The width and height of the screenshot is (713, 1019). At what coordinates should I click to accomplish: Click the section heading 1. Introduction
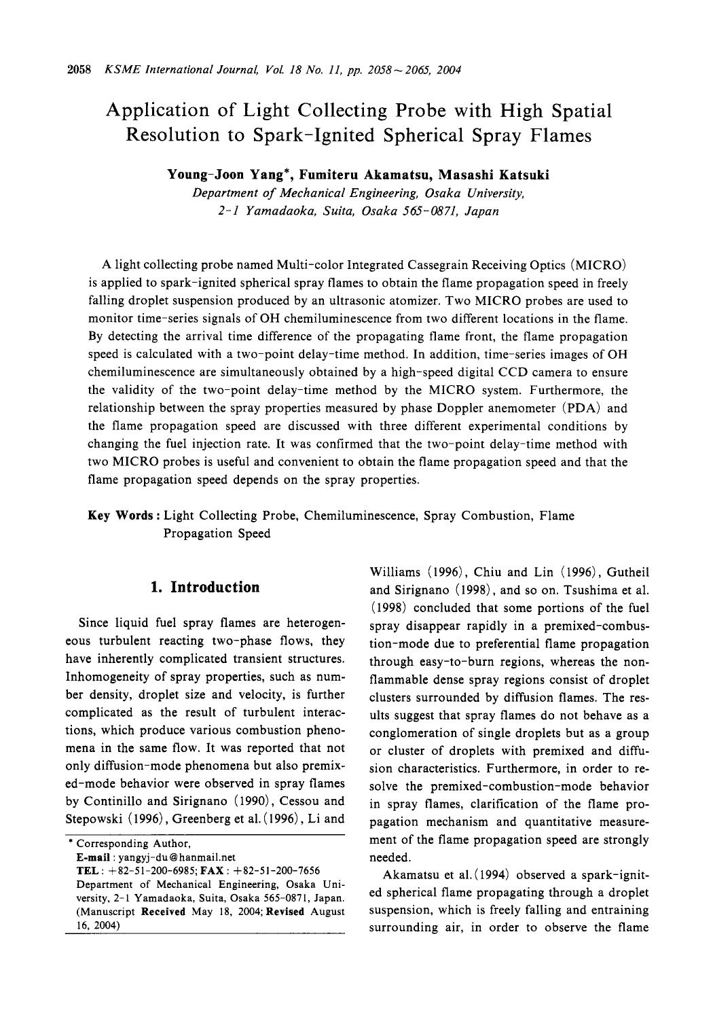[x=204, y=587]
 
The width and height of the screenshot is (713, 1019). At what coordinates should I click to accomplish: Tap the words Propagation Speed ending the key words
[x=217, y=533]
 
